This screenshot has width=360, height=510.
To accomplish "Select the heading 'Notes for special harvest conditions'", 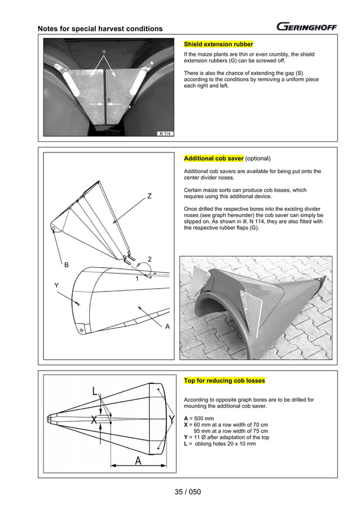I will click(100, 29).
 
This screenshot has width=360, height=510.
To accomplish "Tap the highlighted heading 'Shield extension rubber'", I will click(218, 44).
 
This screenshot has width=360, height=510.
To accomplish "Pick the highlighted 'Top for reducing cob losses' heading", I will click(225, 381).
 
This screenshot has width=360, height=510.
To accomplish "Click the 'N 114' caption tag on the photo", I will click(165, 134).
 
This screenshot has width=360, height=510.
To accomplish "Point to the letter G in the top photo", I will click(104, 51).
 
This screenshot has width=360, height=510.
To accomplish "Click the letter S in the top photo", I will click(108, 100).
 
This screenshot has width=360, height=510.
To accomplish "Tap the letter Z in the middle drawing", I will click(150, 197).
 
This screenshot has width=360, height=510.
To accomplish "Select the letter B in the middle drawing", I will click(67, 264).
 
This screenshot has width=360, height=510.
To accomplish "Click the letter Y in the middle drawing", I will click(56, 286).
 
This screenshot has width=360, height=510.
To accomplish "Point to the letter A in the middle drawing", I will click(168, 326).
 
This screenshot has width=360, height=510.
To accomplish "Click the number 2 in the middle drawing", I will click(150, 259).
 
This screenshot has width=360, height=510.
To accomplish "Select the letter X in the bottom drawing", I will click(95, 420).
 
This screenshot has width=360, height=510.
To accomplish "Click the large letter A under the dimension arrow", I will click(138, 461).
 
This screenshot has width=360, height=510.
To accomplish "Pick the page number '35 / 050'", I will click(188, 491).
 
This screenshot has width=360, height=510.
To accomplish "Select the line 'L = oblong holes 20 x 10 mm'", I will click(220, 444).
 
